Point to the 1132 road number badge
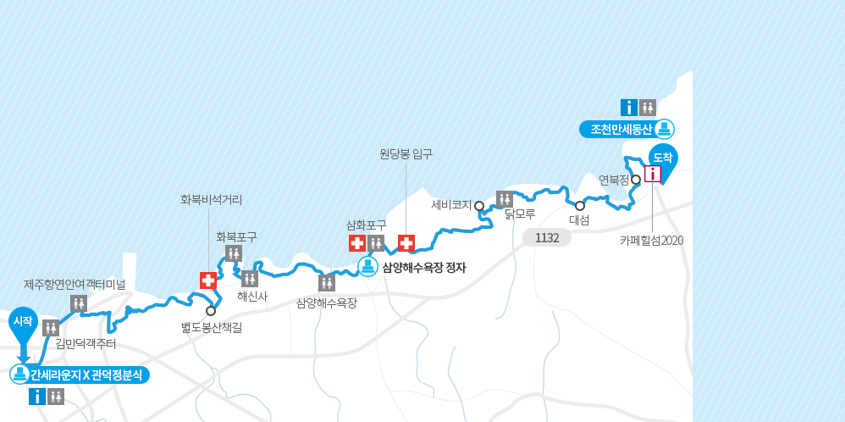click(547, 238)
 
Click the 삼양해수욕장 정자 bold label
click(424, 268)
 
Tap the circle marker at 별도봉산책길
click(211, 310)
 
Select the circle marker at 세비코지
click(479, 205)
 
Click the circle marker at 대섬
click(580, 205)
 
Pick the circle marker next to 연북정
click(635, 180)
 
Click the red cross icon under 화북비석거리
click(208, 280)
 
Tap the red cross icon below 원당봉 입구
click(406, 243)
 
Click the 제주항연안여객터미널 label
click(75, 284)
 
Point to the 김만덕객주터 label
click(86, 343)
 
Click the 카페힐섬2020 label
click(651, 240)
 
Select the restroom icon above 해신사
click(249, 278)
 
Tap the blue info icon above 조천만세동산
click(629, 108)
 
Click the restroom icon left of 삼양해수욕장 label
click(327, 283)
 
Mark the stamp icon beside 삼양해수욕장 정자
click(367, 267)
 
